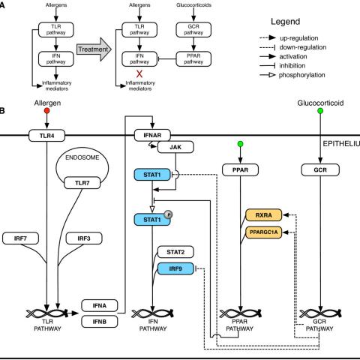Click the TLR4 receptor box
[x=46, y=136]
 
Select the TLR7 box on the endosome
[x=82, y=183]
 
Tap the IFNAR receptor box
[x=152, y=136]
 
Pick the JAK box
[x=175, y=147]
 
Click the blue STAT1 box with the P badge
[x=152, y=220]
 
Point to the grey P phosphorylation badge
[x=169, y=214]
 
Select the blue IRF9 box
[x=175, y=268]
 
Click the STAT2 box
[x=175, y=252]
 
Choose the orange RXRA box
[x=264, y=215]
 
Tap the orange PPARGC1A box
[x=264, y=232]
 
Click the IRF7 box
[x=20, y=238]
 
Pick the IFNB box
[x=100, y=322]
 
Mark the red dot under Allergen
[x=46, y=111]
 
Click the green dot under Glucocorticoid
[x=320, y=111]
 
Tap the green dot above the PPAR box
[x=240, y=144]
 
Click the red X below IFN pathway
[x=139, y=73]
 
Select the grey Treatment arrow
[x=94, y=49]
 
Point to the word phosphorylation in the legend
[x=302, y=75]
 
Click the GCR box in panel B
[x=320, y=170]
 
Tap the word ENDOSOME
[x=82, y=157]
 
